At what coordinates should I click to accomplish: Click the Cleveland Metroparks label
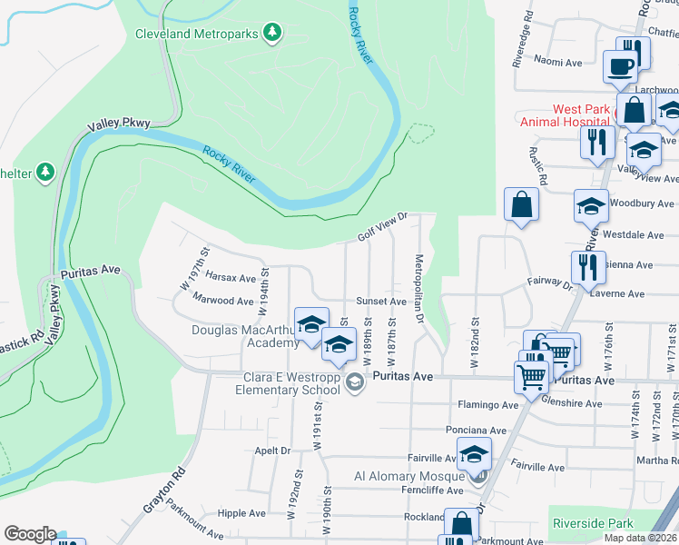(197, 35)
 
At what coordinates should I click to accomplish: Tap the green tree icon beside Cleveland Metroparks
(271, 34)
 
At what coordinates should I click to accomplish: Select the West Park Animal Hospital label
(564, 114)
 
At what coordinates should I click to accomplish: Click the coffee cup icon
(621, 68)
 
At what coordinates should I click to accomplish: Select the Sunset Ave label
(380, 301)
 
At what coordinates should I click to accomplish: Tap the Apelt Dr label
(271, 450)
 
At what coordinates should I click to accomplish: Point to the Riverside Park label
(591, 524)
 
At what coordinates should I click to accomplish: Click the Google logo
(30, 534)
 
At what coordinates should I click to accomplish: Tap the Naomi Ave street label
(558, 63)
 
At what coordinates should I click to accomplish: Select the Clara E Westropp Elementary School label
(290, 384)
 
